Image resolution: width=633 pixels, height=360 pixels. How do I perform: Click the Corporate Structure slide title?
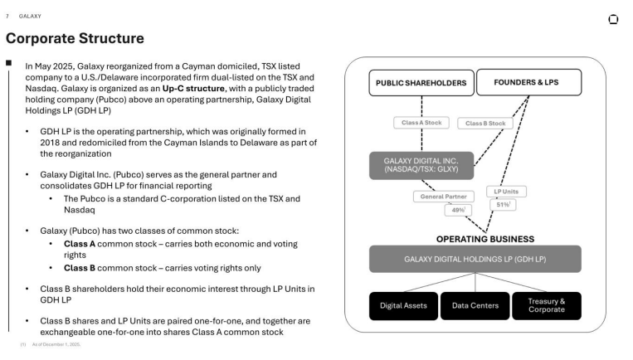[x=75, y=38]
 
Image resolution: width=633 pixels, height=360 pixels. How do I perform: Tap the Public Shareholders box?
[x=421, y=83]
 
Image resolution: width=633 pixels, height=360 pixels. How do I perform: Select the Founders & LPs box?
[x=528, y=82]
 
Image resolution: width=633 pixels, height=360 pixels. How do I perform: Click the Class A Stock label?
[x=421, y=123]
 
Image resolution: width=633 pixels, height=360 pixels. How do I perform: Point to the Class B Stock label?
[x=485, y=124]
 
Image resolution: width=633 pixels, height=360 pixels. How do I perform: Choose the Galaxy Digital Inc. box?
[x=421, y=165]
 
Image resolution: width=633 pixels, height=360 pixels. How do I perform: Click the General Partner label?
[x=444, y=197]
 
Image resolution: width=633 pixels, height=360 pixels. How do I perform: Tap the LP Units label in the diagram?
[x=506, y=192]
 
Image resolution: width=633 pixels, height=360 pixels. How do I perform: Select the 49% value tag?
[x=458, y=210]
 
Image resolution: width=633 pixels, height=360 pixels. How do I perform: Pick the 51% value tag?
[x=503, y=205]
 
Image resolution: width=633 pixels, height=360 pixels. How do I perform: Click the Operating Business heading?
[x=485, y=240]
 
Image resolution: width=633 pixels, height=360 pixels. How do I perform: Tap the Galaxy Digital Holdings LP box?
[x=475, y=259]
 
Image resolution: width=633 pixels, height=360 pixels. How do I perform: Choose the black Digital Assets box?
[x=403, y=306]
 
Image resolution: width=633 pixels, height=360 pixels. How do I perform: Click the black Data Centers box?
[x=475, y=306]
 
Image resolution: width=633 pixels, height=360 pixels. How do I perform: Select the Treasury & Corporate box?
[x=547, y=306]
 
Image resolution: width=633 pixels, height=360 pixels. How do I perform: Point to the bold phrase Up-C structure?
[x=193, y=89]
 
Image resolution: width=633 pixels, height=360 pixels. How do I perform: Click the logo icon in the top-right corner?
[x=613, y=19]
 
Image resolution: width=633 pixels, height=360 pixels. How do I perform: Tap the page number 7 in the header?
[x=7, y=16]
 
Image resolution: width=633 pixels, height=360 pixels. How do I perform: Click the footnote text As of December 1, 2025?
[x=56, y=344]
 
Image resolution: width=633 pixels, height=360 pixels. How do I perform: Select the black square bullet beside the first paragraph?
[x=8, y=62]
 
